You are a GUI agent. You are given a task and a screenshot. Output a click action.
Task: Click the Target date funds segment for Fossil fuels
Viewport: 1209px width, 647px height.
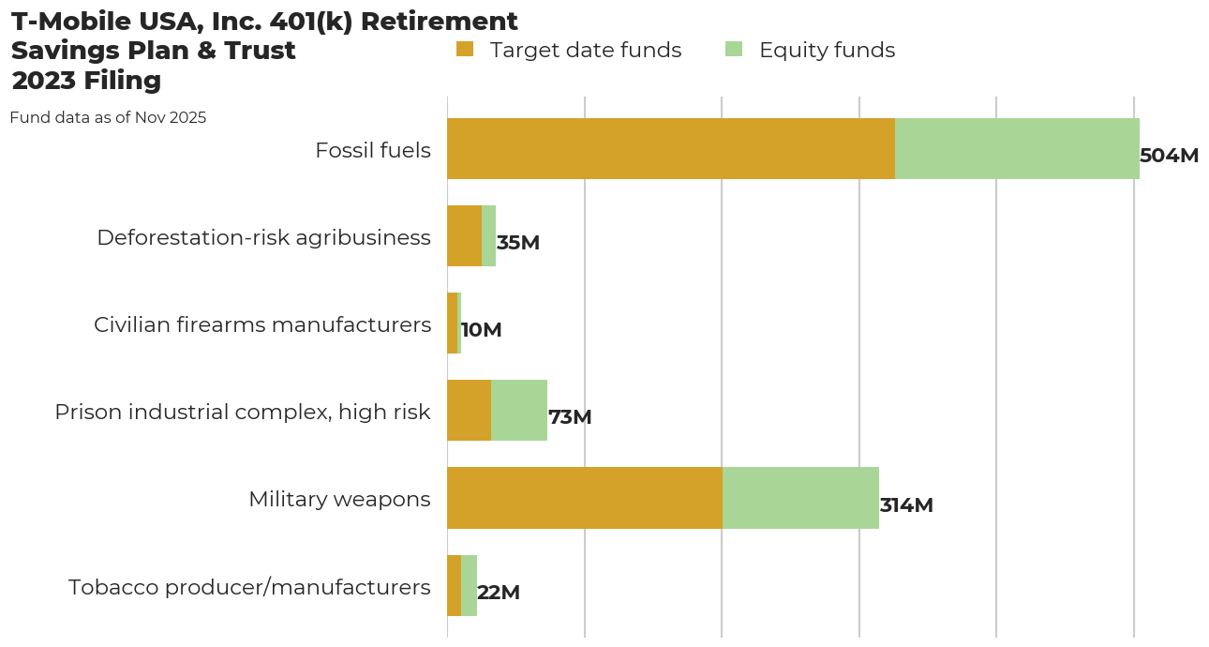(671, 148)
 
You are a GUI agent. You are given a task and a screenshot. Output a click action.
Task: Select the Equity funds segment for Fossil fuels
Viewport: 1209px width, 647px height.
(1017, 148)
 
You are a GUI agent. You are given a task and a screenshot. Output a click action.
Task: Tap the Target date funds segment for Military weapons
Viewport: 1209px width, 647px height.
(585, 498)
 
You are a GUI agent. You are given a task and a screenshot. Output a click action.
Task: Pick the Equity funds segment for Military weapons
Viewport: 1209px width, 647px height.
(800, 498)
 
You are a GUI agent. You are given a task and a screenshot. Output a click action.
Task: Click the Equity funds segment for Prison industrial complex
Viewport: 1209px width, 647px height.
(519, 411)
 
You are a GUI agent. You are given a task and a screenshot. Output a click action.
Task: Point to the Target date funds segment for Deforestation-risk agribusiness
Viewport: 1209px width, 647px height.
(464, 235)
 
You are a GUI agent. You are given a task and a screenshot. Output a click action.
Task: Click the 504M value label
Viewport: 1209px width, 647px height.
(1169, 156)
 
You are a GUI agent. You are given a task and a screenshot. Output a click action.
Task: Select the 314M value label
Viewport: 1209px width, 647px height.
(906, 505)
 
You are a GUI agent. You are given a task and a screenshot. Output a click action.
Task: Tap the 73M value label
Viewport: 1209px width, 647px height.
(570, 417)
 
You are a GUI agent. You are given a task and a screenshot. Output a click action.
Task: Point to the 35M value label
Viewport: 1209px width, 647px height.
(518, 243)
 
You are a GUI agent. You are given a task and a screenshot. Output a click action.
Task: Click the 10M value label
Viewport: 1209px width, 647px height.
(482, 330)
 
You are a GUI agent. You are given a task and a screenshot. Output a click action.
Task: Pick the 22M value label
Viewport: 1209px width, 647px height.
(499, 593)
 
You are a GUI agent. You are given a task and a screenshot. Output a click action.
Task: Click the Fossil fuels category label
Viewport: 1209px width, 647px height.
(373, 150)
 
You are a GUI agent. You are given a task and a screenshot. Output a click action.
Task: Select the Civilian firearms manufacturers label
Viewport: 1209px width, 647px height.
(262, 324)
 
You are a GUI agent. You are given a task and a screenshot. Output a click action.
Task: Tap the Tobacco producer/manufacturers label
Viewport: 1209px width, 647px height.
(249, 587)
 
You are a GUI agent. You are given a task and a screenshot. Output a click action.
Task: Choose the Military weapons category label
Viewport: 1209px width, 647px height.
(339, 499)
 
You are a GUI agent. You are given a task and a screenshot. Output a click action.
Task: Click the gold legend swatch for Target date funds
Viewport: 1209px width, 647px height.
(465, 49)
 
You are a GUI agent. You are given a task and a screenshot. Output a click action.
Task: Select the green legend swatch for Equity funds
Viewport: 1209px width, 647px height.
(734, 49)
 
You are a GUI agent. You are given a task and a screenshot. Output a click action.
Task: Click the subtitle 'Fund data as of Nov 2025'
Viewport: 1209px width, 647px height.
(108, 118)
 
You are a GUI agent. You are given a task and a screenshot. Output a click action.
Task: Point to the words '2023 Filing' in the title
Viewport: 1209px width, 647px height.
(86, 81)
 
